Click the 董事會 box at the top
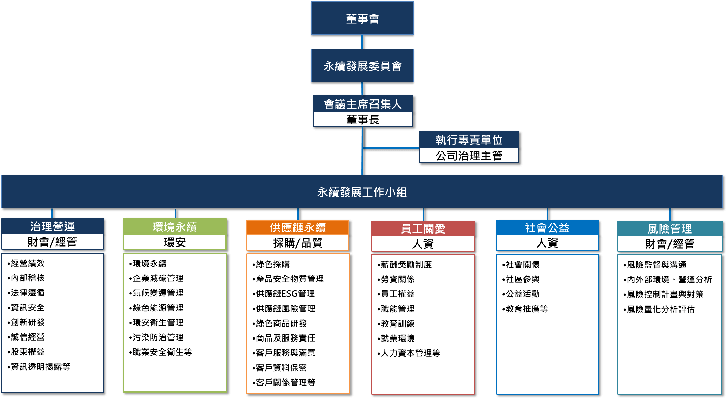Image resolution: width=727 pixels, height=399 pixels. click(362, 18)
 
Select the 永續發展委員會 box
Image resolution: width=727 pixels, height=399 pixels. click(362, 66)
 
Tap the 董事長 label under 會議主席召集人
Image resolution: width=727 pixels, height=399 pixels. click(363, 120)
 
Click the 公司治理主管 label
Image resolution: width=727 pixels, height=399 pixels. click(469, 156)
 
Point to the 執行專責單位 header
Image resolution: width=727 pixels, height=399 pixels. click(469, 140)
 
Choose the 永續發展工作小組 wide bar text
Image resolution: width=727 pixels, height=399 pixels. click(362, 192)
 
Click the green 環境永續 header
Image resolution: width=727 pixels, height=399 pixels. click(175, 227)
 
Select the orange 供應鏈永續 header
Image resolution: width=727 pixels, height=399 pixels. click(298, 227)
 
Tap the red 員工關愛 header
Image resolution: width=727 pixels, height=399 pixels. click(423, 228)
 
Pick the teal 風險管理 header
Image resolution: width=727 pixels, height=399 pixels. click(669, 228)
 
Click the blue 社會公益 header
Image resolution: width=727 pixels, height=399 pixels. click(547, 228)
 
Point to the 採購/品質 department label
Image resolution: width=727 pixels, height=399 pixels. click(298, 243)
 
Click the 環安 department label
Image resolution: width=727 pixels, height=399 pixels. click(175, 242)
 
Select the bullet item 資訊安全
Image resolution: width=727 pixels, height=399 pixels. click(27, 308)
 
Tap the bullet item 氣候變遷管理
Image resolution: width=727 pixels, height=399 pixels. click(158, 293)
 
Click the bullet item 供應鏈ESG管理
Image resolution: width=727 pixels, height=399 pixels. click(285, 294)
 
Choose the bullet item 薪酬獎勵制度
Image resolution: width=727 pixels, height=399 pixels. click(406, 265)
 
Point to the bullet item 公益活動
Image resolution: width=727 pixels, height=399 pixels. click(522, 294)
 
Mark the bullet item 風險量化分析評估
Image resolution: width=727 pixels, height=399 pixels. click(661, 309)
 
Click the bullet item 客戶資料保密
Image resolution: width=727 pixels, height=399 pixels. click(281, 368)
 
